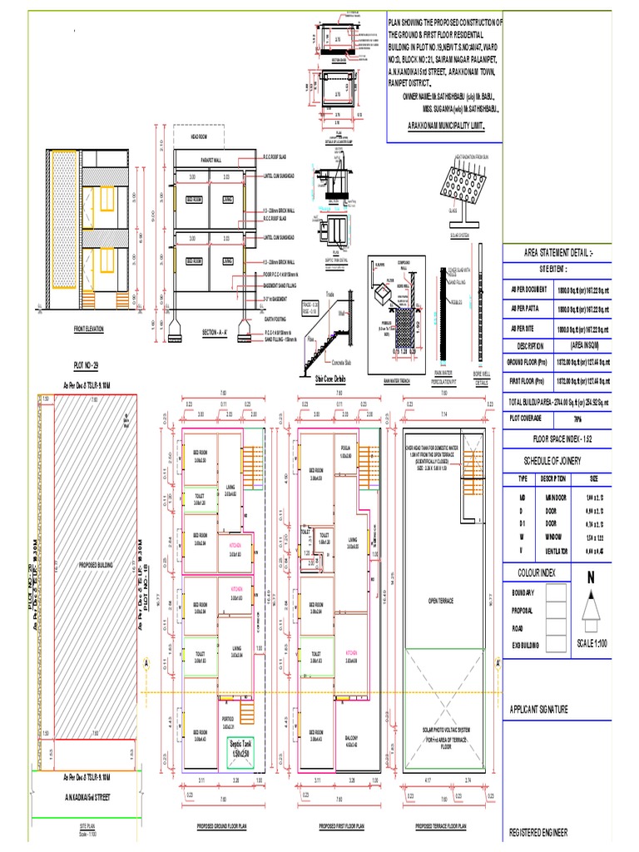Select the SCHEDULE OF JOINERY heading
(x=558, y=460)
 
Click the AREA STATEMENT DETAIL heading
(x=557, y=251)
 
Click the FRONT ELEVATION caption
(x=88, y=330)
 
